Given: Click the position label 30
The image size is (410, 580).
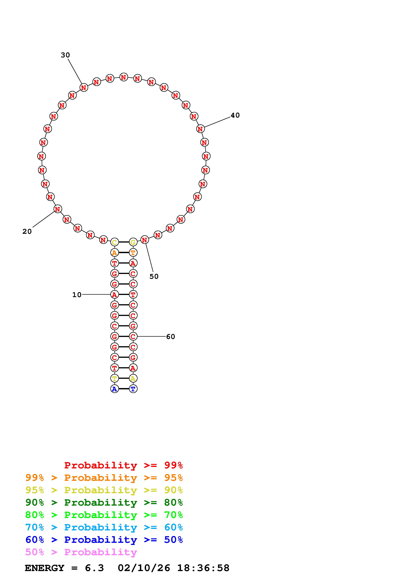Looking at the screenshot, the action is coord(65,55).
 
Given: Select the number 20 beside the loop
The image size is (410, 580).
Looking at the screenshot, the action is coord(27,231).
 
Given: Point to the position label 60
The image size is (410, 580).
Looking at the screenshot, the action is coord(171,336).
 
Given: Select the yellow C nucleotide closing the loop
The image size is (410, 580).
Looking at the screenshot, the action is coord(114,242).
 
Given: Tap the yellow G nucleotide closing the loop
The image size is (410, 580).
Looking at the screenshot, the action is coord(133,242).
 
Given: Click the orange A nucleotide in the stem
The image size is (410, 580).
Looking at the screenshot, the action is coord(114,253).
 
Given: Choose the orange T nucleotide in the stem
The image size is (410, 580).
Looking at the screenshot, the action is coord(133,253).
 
